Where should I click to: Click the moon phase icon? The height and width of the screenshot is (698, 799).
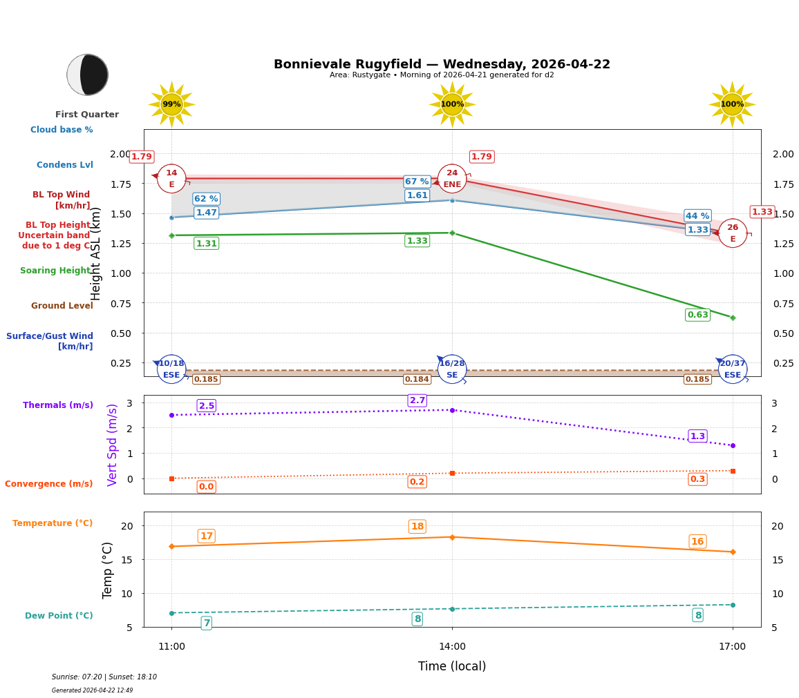click(x=88, y=75)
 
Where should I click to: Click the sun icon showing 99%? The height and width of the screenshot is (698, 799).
click(x=171, y=104)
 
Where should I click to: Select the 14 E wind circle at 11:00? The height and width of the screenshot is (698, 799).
click(x=171, y=179)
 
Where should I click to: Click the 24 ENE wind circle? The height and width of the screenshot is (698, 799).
click(x=452, y=179)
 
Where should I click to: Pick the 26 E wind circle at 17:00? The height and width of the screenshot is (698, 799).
click(x=733, y=233)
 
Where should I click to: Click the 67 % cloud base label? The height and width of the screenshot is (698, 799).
click(x=417, y=182)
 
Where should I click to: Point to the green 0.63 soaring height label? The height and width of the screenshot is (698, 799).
click(x=697, y=315)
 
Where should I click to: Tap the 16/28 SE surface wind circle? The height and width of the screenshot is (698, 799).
click(x=452, y=369)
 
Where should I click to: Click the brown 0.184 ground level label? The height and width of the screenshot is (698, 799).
click(x=417, y=379)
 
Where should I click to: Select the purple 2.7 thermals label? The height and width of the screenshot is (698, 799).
click(x=417, y=400)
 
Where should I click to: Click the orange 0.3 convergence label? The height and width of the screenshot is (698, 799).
click(x=697, y=479)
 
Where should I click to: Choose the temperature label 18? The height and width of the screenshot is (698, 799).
click(x=417, y=527)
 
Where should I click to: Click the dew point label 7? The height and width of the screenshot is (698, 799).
click(x=206, y=623)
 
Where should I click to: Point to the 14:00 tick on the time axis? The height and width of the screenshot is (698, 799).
click(x=452, y=647)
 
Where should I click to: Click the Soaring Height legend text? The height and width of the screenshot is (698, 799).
click(x=55, y=271)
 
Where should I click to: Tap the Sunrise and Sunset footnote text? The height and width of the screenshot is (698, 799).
click(x=104, y=677)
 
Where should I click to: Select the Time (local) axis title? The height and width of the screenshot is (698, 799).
click(x=452, y=666)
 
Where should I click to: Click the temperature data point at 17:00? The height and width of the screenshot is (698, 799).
click(x=733, y=552)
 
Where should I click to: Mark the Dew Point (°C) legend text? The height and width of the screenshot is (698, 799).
click(x=59, y=616)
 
